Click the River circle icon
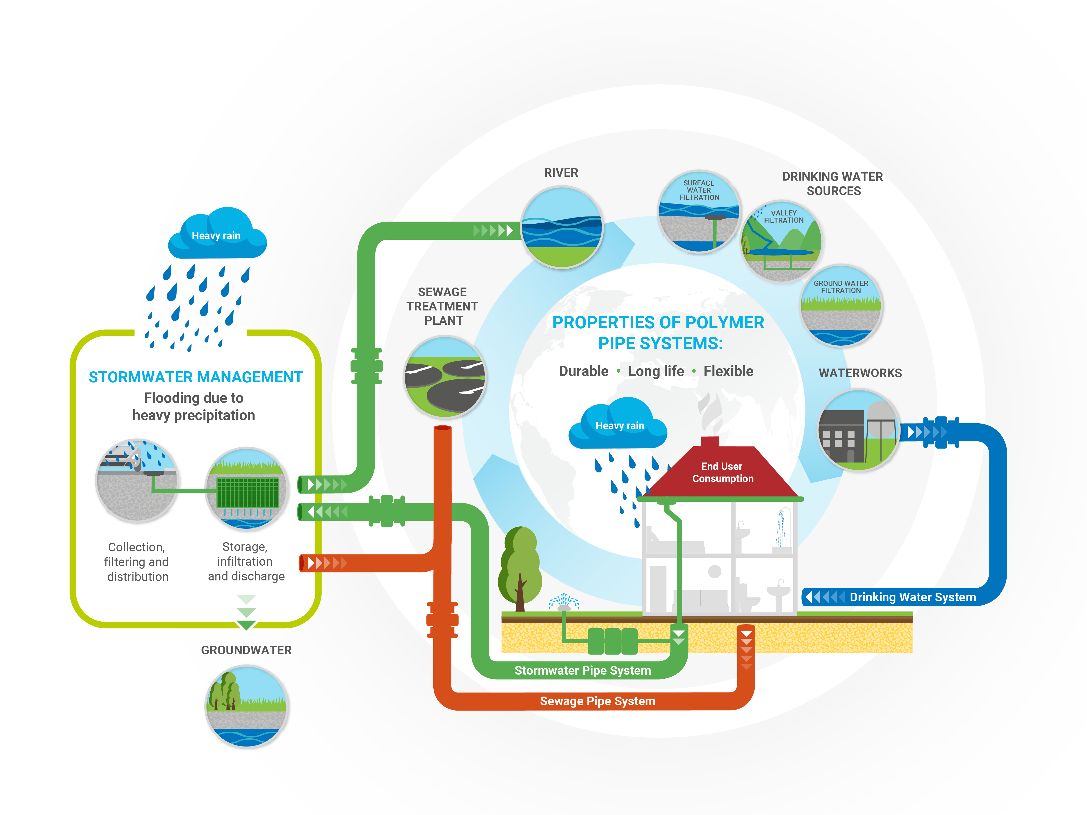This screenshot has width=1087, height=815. coord(562,227)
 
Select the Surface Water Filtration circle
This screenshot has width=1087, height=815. coord(699,212)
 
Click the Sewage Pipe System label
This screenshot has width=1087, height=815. coord(598,701)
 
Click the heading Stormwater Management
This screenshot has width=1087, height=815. coord(196,377)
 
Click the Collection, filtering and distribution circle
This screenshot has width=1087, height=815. coord(137,480)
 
